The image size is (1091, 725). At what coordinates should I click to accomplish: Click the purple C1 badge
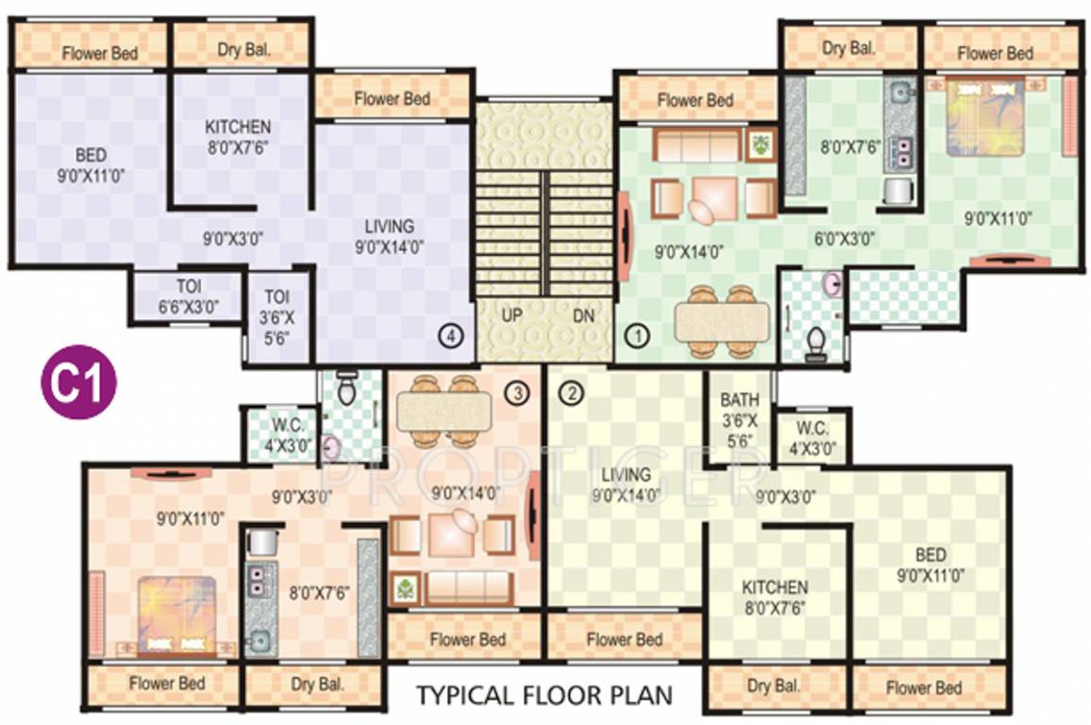[x=78, y=381]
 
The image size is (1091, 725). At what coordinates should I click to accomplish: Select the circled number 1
[x=639, y=334]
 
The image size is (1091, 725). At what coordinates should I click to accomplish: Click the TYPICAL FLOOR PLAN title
[x=545, y=697]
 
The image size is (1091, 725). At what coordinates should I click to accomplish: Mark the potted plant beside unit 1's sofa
[x=760, y=145]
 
